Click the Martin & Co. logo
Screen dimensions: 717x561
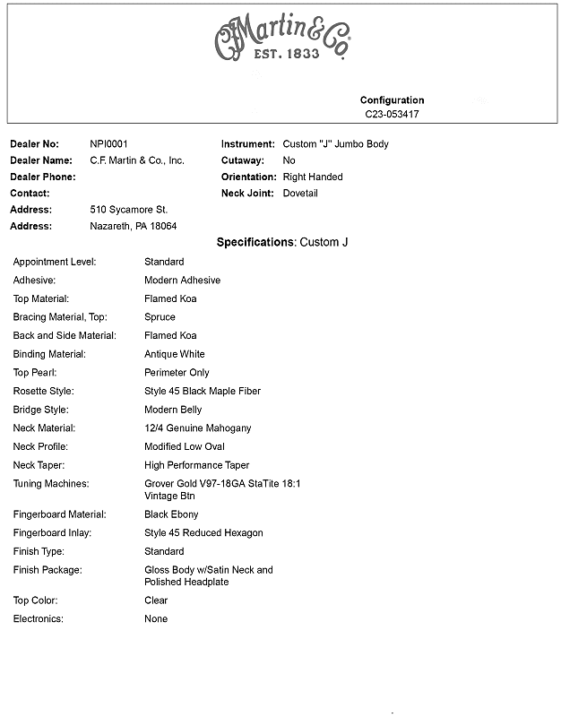[x=281, y=39]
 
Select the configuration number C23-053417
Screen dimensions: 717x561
[x=392, y=115]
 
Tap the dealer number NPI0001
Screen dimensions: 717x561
[x=109, y=143]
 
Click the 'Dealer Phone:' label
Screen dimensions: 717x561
[x=43, y=177]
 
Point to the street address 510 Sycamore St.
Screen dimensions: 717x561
[x=129, y=210]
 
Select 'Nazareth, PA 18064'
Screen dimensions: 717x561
[x=134, y=226]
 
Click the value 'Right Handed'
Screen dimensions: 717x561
[x=313, y=177]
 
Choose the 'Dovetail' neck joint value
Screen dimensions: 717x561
[x=300, y=193]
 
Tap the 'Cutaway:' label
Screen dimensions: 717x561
[x=245, y=160]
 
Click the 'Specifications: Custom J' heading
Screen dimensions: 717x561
[x=282, y=242]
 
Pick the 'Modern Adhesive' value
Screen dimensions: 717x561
[x=182, y=280]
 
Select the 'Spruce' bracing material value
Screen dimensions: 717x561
[x=160, y=316]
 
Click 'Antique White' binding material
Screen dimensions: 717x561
[x=175, y=354]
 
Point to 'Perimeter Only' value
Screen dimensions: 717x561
[x=177, y=372]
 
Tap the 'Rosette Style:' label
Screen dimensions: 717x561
[x=43, y=391]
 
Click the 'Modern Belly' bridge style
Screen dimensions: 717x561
[x=173, y=410]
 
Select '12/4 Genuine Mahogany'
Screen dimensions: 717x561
[x=198, y=428]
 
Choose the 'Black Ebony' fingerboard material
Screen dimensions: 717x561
[x=171, y=514]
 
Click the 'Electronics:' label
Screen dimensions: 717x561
[x=38, y=618]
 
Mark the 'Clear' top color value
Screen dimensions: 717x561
[x=156, y=600]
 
